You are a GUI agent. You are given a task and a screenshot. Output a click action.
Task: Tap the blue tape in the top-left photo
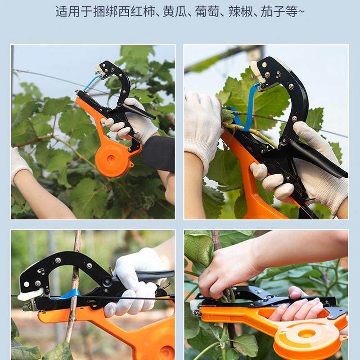click(x=92, y=82)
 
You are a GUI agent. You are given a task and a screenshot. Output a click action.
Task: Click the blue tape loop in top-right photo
click(x=249, y=108)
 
